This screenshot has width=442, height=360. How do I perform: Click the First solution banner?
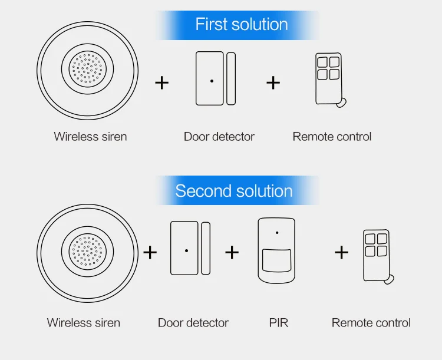click(x=237, y=25)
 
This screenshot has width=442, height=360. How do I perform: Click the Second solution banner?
click(x=237, y=190)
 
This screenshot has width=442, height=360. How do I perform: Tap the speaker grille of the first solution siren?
click(x=88, y=69)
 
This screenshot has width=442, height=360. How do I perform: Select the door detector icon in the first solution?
click(x=216, y=78)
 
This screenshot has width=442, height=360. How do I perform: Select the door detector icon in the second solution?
click(x=190, y=248)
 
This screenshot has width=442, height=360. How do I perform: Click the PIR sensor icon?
click(x=276, y=250)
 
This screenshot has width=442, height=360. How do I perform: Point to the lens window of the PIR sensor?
click(x=276, y=260)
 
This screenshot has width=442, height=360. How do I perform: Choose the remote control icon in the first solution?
click(x=331, y=80)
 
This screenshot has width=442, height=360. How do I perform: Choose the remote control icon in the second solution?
click(x=378, y=256)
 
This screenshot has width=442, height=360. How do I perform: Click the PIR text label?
click(x=279, y=323)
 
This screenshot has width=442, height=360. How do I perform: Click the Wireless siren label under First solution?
click(x=91, y=137)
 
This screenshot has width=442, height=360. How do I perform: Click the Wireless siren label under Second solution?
click(x=84, y=323)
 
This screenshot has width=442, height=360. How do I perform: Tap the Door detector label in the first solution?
click(x=219, y=137)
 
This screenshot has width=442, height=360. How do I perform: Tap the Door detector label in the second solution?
click(x=193, y=323)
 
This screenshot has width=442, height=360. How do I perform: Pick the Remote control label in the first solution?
click(x=332, y=137)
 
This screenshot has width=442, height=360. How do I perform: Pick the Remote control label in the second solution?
click(x=371, y=323)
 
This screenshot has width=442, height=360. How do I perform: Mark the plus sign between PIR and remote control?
click(x=342, y=252)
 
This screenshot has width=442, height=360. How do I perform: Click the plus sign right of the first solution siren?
click(x=162, y=83)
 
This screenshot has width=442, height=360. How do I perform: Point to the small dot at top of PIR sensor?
click(x=277, y=233)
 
